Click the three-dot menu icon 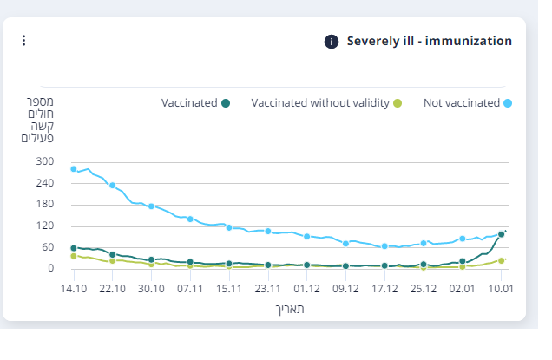[24, 41]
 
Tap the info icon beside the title [331, 42]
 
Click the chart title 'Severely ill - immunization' [429, 41]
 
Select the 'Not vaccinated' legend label [461, 103]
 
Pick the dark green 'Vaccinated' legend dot [226, 103]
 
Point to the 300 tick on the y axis [45, 162]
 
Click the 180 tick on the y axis [45, 205]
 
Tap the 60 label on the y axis [48, 247]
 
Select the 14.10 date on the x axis [74, 289]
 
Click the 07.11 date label [190, 289]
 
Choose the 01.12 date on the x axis [306, 289]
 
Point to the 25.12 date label [424, 289]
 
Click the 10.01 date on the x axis [501, 289]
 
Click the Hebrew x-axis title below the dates [288, 309]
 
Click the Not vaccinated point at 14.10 [74, 169]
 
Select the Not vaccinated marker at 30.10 [151, 206]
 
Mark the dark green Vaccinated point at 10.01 [502, 234]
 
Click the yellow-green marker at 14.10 [74, 256]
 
